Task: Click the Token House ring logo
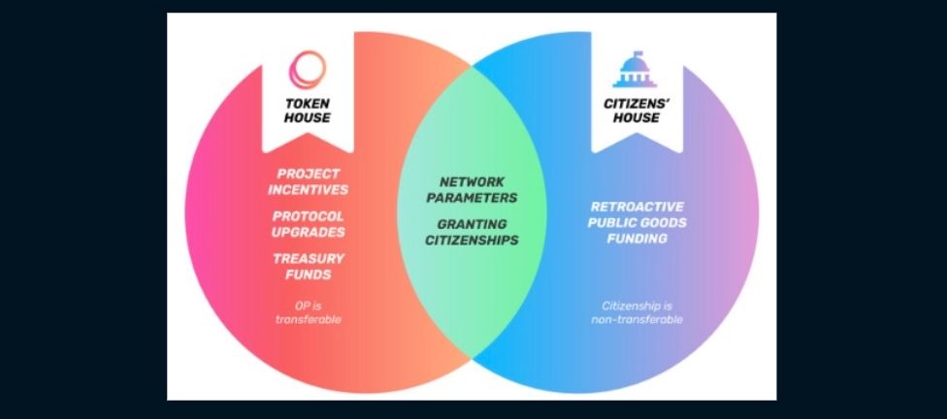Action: (307, 70)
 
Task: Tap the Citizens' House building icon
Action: (636, 70)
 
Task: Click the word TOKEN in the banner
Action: (307, 103)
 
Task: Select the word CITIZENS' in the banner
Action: (637, 103)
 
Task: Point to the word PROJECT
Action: (309, 173)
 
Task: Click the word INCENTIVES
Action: (309, 189)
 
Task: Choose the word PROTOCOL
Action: (309, 215)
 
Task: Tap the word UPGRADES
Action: (309, 232)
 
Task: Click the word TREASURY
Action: (309, 258)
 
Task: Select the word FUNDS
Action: (309, 274)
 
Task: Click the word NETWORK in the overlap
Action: (472, 181)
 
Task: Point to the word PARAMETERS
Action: (472, 197)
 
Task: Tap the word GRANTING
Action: (472, 224)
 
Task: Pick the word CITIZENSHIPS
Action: (472, 240)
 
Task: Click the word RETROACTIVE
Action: (637, 207)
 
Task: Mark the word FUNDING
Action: (637, 238)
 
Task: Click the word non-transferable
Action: (637, 319)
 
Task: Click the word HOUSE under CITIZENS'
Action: (637, 118)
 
